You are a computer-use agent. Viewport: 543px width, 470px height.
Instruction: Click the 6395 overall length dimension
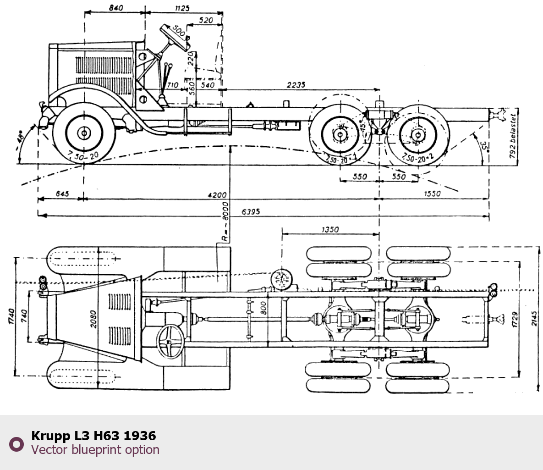pos(251,211)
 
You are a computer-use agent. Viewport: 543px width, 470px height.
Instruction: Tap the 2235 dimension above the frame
pos(296,85)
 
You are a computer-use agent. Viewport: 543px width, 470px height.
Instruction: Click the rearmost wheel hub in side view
pos(417,135)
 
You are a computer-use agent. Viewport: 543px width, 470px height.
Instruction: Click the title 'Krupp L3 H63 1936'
pos(93,436)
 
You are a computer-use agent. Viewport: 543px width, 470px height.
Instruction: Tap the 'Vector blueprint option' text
pos(95,450)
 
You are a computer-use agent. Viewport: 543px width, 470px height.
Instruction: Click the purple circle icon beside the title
pos(16,444)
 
